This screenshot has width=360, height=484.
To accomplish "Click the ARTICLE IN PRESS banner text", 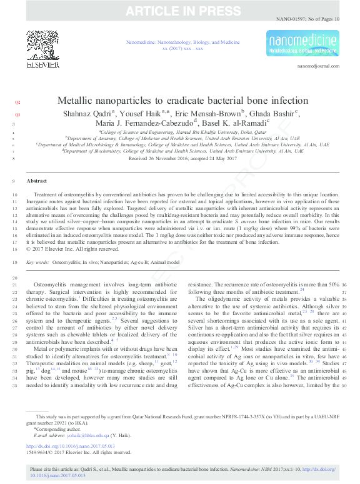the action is coord(180,11).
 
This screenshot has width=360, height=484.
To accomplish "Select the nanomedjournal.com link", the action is coord(318,65).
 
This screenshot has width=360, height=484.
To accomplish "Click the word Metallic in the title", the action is coord(79,101).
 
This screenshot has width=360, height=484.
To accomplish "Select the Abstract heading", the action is coord(37,180).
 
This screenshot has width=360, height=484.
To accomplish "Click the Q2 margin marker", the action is coord(17,101).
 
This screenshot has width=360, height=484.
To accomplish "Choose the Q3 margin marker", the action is coord(17,114).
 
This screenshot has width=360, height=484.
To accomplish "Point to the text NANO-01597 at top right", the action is coord(291,19).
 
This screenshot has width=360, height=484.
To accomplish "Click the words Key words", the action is coord(37,263).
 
